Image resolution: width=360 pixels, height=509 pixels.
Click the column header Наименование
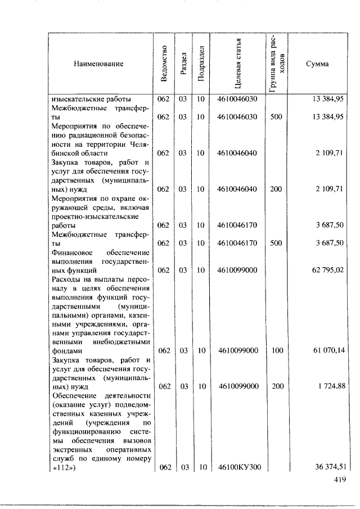pos(98,64)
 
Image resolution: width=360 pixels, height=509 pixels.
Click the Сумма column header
pos(317,64)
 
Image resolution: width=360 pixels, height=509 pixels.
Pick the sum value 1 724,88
pos(328,386)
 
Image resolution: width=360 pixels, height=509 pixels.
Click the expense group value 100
pos(276,350)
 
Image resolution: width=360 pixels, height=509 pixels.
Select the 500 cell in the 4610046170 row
pos(276,243)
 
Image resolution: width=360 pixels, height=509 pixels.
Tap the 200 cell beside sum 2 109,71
pos(276,189)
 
